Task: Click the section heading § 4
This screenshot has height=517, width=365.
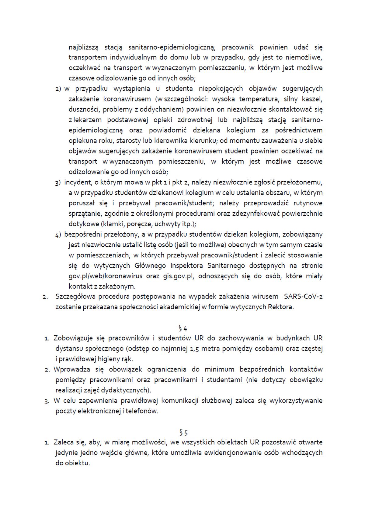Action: coord(183,328)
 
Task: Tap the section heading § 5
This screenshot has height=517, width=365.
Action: coord(183,432)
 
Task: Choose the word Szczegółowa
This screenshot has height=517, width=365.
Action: coord(75,296)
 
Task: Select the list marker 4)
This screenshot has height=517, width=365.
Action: coord(58,235)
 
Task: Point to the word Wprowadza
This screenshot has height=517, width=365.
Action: coord(71,370)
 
